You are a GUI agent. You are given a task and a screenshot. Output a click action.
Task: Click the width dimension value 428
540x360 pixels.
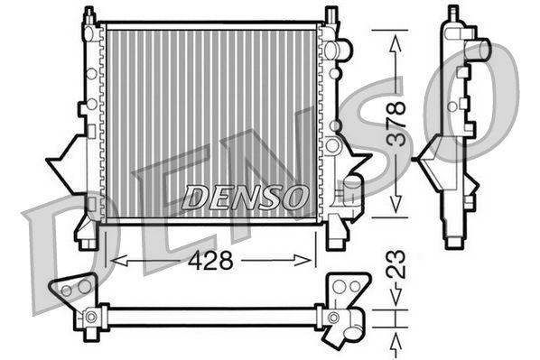210,261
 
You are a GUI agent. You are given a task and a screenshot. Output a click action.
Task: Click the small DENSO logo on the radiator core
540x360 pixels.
246,195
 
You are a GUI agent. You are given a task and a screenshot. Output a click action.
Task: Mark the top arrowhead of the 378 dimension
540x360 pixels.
395,36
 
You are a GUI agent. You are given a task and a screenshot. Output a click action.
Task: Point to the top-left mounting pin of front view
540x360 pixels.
88,16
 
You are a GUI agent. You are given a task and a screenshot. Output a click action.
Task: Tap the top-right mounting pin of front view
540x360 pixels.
331,16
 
